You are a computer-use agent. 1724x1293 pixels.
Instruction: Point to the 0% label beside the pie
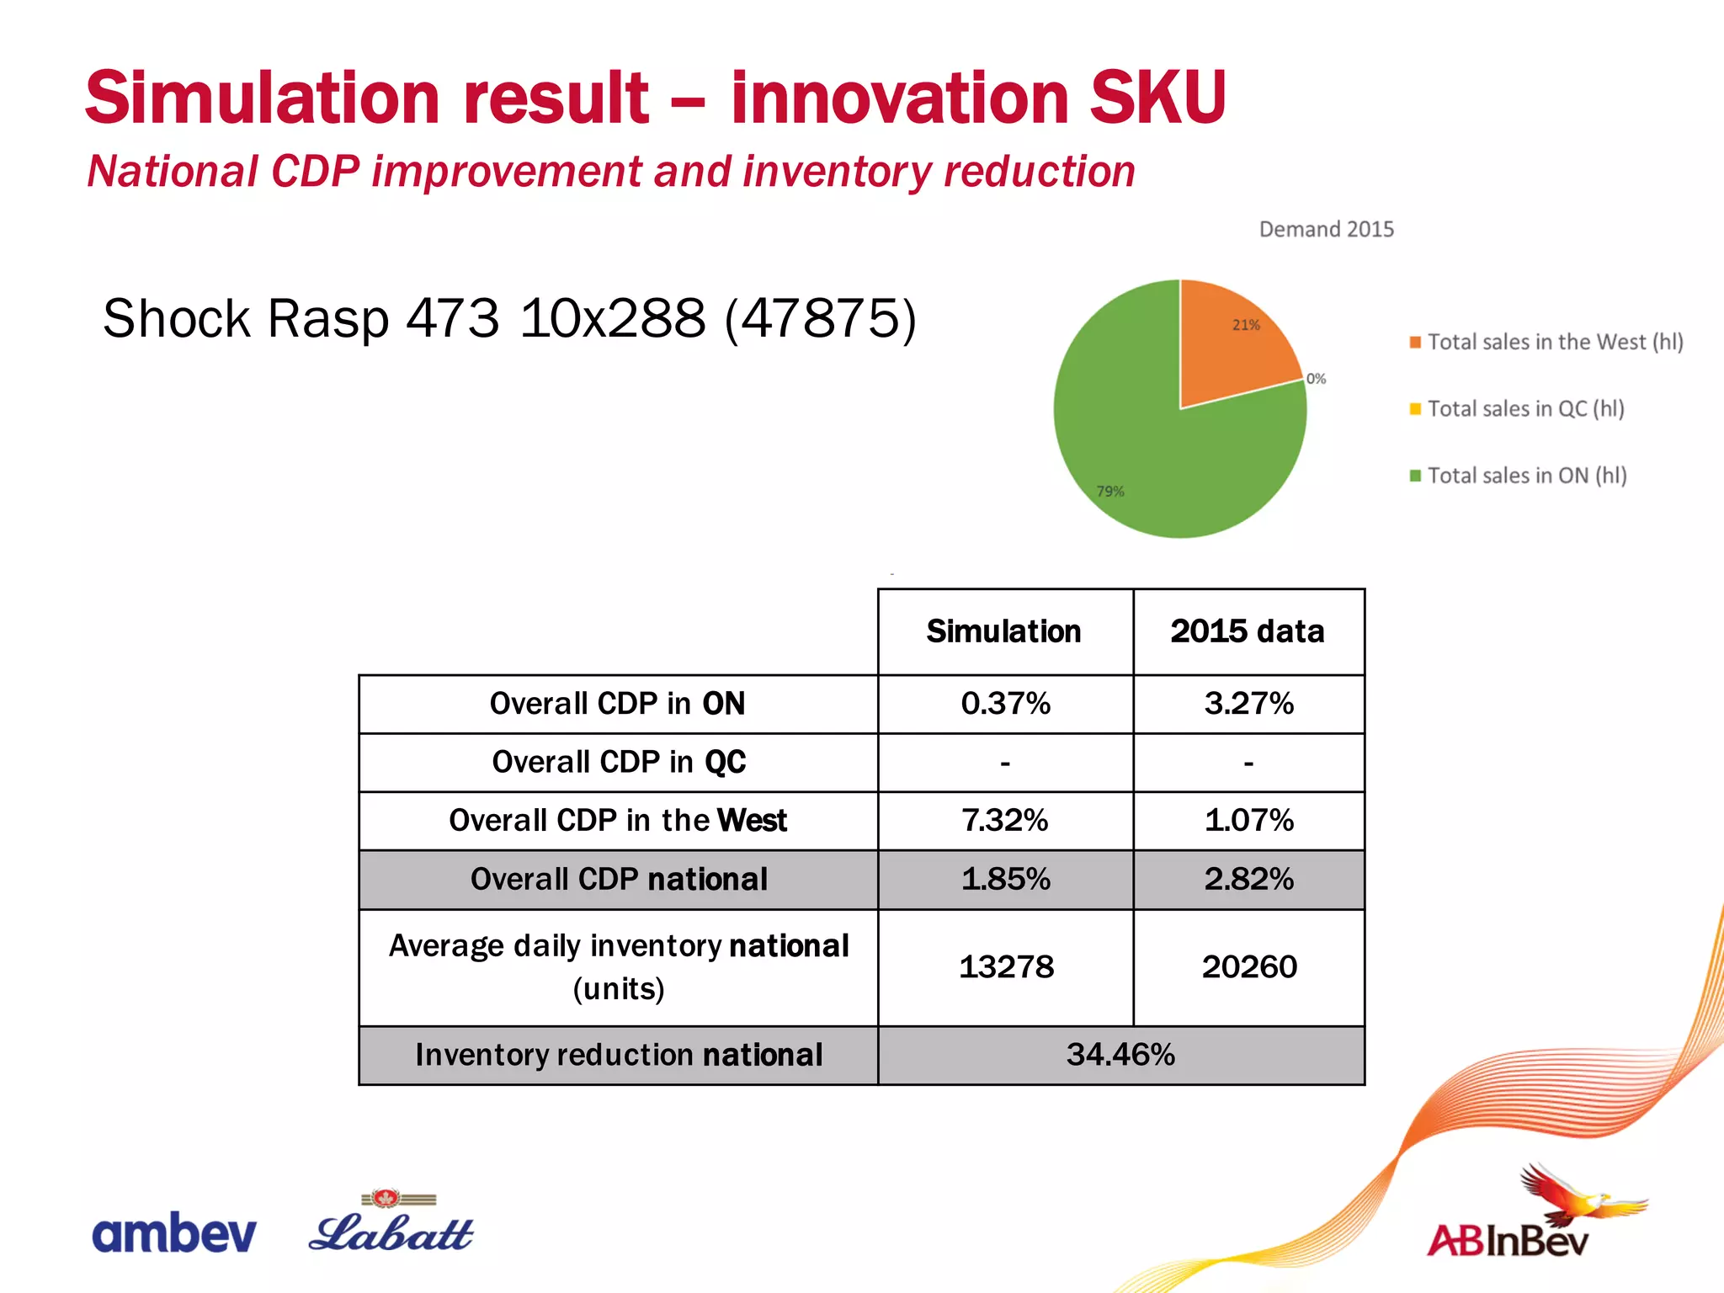[1316, 379]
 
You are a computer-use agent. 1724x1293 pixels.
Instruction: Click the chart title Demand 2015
[1326, 229]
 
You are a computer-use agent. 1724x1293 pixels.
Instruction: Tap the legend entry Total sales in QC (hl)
[1524, 409]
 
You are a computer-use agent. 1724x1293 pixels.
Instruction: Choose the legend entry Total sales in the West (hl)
[1554, 342]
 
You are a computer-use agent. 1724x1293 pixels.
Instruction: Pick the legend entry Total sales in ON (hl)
[1526, 476]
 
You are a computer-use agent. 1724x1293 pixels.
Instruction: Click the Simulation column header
[1003, 631]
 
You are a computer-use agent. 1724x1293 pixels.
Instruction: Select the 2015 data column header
[1247, 631]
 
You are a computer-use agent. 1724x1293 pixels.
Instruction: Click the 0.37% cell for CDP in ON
[1005, 704]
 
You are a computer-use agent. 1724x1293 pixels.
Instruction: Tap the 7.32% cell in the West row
[1005, 820]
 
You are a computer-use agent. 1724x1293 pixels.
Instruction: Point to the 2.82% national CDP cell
[1248, 879]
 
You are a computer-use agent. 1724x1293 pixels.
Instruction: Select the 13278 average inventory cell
[1005, 966]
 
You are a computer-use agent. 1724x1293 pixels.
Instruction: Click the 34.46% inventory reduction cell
[1120, 1054]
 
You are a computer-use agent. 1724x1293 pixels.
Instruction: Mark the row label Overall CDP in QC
[619, 762]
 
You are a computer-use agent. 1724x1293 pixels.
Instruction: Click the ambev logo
[173, 1234]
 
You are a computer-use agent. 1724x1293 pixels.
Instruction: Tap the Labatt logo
[391, 1225]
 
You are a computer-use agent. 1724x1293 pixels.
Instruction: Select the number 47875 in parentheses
[820, 319]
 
